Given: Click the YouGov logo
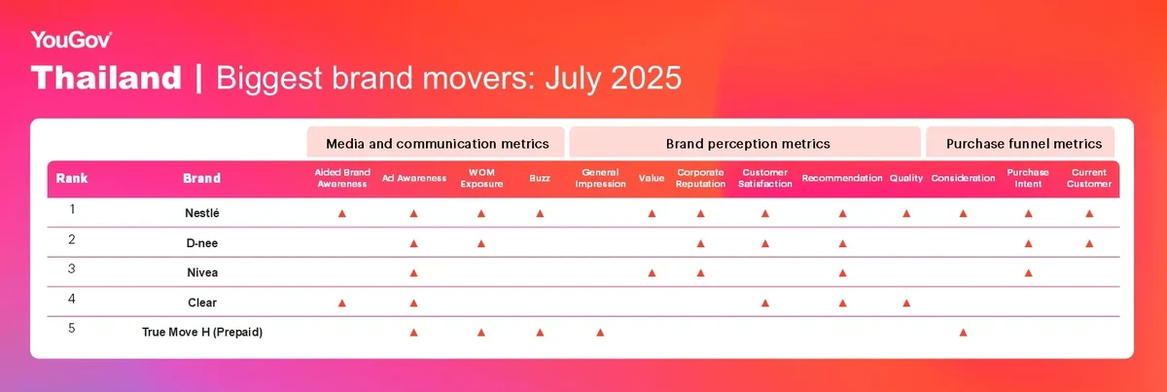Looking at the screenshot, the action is click(71, 40).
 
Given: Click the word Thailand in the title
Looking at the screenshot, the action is click(106, 78).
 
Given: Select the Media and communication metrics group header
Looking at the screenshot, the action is click(437, 144).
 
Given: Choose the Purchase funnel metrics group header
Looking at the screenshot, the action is click(1024, 144).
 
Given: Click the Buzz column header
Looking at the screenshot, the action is click(540, 178).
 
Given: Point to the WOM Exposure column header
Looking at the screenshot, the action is click(481, 178).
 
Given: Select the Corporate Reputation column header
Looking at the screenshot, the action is click(700, 178).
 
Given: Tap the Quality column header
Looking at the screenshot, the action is click(906, 178).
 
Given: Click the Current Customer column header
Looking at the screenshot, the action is click(1089, 178).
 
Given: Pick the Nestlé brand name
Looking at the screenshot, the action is click(202, 213).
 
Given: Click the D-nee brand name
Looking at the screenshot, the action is click(202, 243).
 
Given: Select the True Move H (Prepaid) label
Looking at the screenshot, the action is click(202, 332).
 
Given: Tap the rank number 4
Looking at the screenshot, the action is click(72, 299).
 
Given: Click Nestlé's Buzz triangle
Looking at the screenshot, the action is click(541, 213).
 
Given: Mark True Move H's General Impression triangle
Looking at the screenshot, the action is click(600, 332).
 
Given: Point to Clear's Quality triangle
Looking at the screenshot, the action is click(906, 303).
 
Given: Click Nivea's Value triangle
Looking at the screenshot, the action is click(652, 272).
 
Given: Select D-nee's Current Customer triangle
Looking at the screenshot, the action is click(1089, 243).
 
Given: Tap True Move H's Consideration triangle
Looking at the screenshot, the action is click(964, 332).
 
